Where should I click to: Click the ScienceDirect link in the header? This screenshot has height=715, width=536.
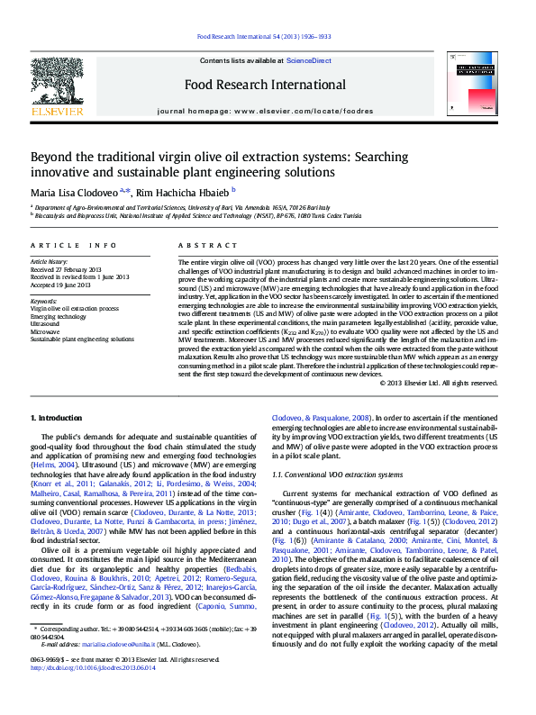[x=308, y=60]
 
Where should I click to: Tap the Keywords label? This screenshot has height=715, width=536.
[x=43, y=301]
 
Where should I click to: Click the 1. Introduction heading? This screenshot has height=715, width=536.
[x=59, y=419]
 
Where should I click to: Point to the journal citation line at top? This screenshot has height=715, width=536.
[x=263, y=37]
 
